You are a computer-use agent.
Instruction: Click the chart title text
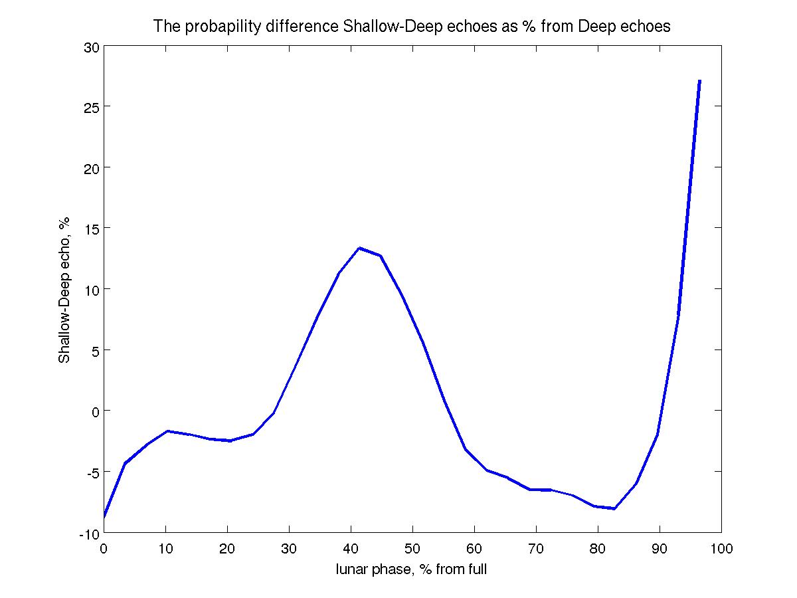[412, 27]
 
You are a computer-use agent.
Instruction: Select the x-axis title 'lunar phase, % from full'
[412, 569]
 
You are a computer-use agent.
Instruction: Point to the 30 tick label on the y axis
[91, 47]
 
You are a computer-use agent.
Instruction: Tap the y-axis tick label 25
[91, 106]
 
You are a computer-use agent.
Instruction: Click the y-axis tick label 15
[91, 228]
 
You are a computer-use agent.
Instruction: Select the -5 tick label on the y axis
[91, 472]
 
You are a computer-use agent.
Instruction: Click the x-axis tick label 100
[721, 549]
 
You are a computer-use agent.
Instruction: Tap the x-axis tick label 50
[412, 549]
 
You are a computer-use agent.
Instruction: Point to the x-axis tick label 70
[536, 549]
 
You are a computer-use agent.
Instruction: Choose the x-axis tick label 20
[227, 549]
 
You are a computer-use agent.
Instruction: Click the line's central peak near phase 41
[359, 248]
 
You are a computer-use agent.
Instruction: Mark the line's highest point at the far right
[699, 80]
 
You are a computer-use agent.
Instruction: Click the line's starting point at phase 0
[104, 516]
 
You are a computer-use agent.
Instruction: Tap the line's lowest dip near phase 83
[614, 509]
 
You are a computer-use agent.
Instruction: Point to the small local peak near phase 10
[167, 431]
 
